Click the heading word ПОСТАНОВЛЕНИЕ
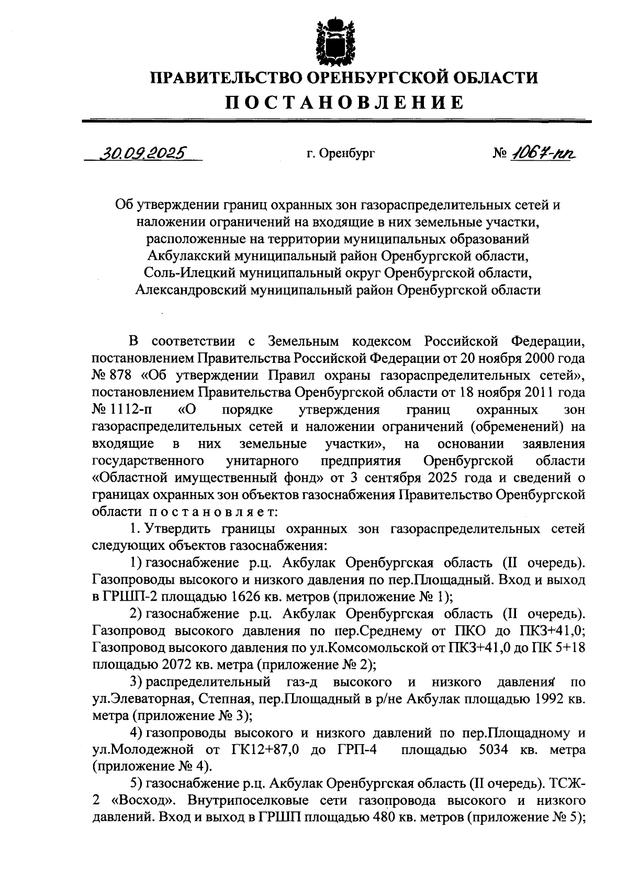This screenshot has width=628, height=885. point(344,102)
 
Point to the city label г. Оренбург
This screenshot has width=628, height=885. point(341,154)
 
